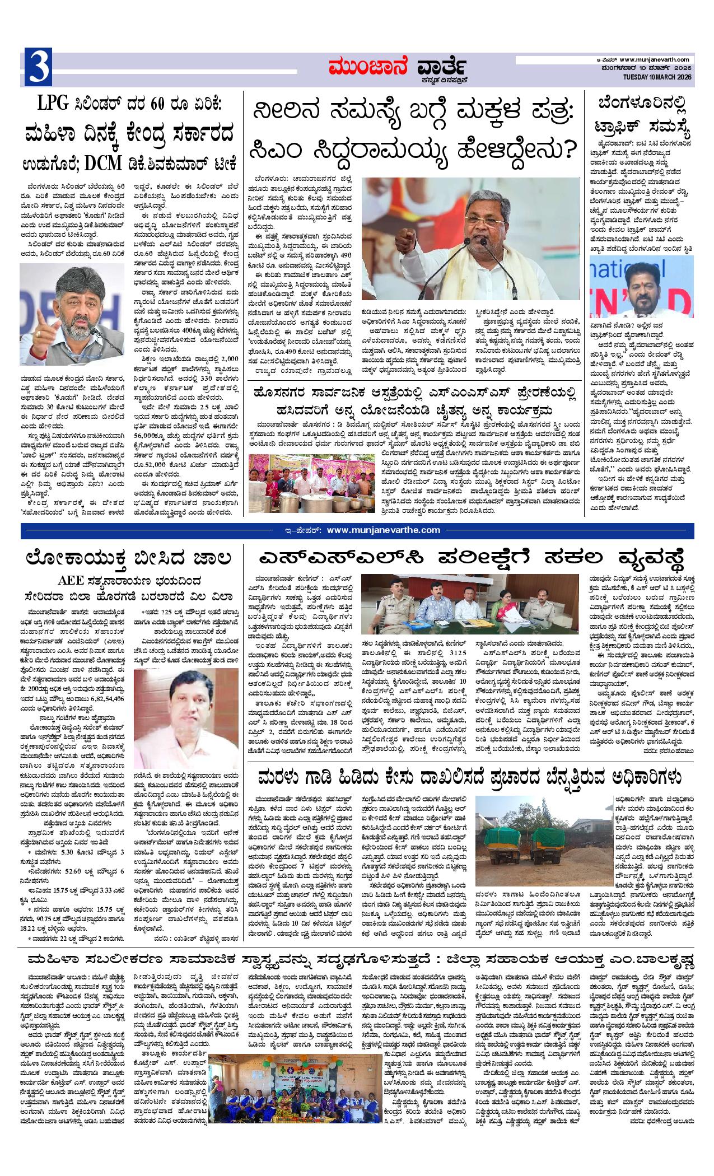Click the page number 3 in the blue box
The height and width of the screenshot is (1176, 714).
tap(38, 68)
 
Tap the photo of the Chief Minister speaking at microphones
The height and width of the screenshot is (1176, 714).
tap(470, 239)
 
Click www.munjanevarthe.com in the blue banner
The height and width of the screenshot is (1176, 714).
tap(383, 530)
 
